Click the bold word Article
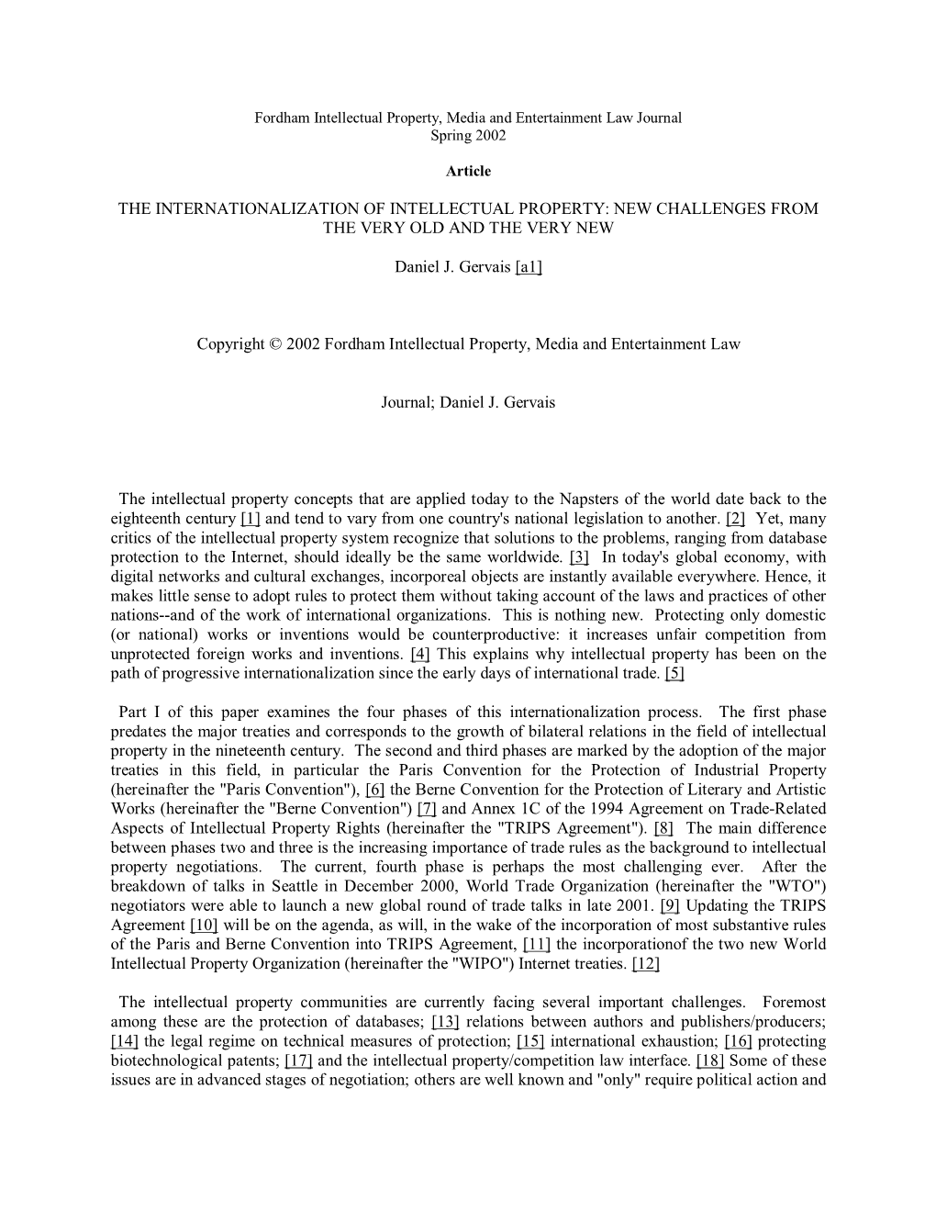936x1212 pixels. coord(468,171)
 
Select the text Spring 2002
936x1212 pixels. coord(468,135)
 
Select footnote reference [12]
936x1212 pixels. coord(646,963)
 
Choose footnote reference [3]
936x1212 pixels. coord(579,556)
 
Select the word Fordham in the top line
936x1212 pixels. coord(283,118)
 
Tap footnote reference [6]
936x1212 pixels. coord(374,790)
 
